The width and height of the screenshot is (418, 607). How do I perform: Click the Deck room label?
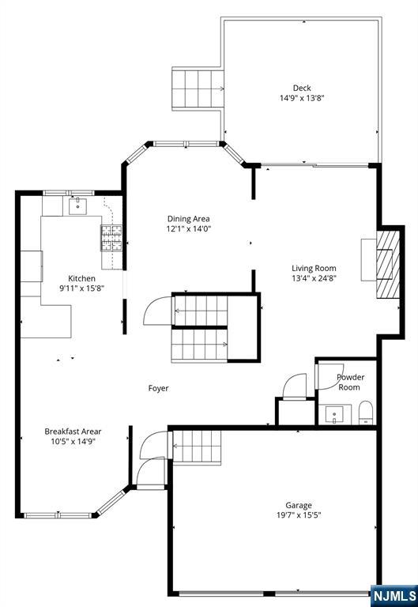[x=302, y=89]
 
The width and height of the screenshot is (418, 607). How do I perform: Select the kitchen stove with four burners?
[x=111, y=238]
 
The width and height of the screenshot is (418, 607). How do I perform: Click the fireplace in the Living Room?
[x=388, y=265]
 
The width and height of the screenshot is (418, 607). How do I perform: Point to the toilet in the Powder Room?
[x=366, y=413]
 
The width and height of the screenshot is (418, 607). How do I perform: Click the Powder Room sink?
[x=334, y=415]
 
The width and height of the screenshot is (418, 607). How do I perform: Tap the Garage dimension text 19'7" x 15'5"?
[x=299, y=515]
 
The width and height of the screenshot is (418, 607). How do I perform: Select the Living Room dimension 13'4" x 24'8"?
[x=314, y=278]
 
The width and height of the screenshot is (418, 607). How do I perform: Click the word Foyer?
[x=158, y=388]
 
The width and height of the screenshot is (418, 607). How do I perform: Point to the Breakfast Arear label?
[x=73, y=432]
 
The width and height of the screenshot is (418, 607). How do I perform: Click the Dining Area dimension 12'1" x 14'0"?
[x=189, y=228]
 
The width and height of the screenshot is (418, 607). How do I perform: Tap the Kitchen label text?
[x=81, y=278]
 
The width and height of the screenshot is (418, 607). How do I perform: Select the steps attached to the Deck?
[x=198, y=89]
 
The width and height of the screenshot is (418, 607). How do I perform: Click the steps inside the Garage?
[x=197, y=447]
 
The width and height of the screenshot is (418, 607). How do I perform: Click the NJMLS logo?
[x=394, y=596]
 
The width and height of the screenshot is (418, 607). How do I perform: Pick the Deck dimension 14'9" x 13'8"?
[x=302, y=98]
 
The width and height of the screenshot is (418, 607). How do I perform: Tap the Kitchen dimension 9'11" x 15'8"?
[x=81, y=288]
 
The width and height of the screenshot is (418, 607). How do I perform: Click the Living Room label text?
[x=314, y=268]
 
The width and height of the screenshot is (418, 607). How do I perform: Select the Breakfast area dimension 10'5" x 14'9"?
[x=73, y=441]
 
